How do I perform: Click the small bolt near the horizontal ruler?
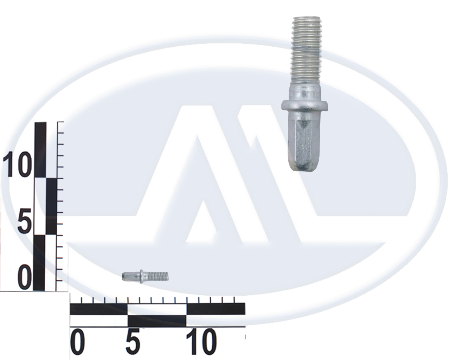tap(145, 276)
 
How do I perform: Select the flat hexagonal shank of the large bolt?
tap(303, 140)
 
